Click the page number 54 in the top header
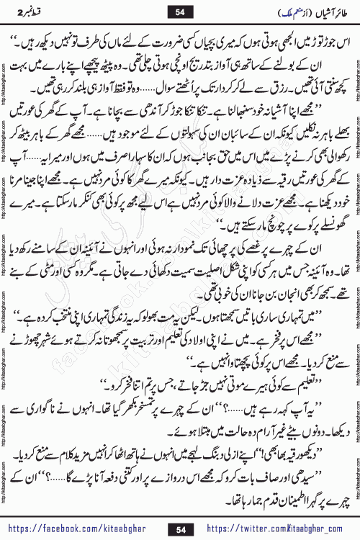[179, 11]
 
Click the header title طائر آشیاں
[312, 11]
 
